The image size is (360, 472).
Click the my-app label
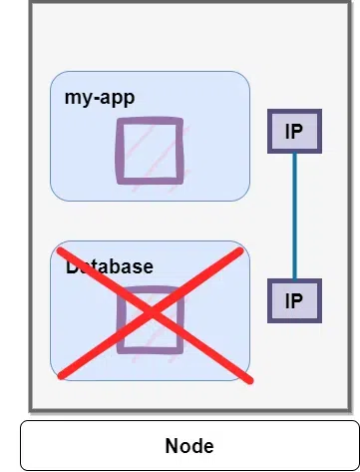point(99,98)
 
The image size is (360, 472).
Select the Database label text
point(110,266)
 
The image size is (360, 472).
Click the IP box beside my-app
point(293,131)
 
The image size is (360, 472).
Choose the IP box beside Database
point(293,300)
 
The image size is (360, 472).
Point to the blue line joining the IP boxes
point(293,216)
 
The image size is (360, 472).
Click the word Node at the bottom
point(189,446)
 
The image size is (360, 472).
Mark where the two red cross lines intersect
point(153,313)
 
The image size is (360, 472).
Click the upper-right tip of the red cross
point(240,252)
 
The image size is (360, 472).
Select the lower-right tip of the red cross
point(250,380)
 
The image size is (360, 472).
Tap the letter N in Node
point(172,446)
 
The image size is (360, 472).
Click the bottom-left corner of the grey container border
point(31,409)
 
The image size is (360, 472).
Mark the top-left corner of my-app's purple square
point(120,122)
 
